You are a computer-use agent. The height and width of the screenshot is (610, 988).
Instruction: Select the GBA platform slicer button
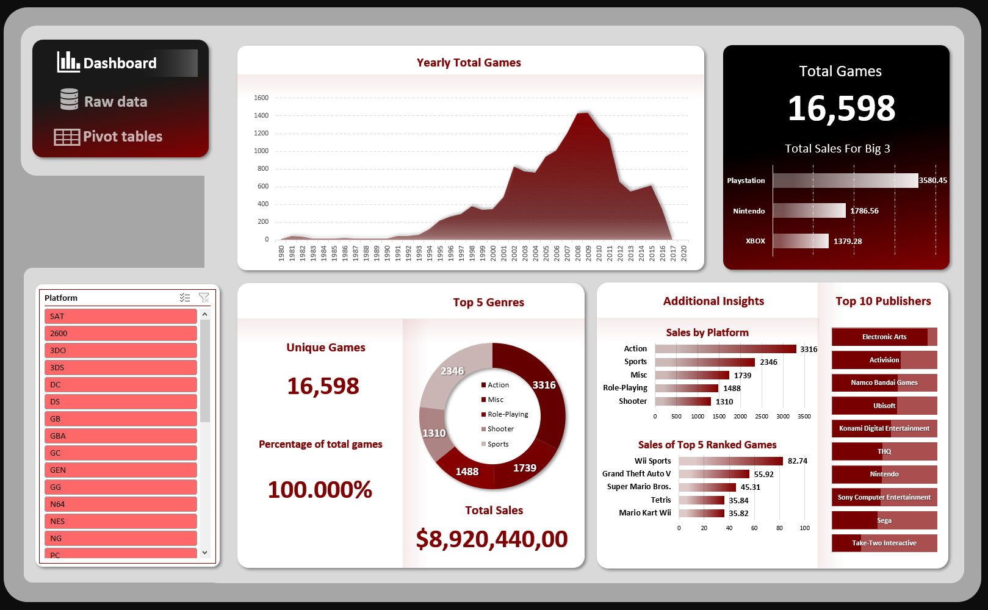click(120, 436)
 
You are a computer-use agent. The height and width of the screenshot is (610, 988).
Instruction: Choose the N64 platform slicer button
click(120, 504)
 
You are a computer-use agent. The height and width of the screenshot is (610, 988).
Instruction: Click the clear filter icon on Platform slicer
click(204, 298)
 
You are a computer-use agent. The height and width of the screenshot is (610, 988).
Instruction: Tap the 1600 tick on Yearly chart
click(261, 98)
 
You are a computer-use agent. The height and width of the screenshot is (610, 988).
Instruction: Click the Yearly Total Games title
click(469, 63)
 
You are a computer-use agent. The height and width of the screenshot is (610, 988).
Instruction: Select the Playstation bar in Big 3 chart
click(845, 181)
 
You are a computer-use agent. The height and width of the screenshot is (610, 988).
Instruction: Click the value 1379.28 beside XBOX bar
click(848, 242)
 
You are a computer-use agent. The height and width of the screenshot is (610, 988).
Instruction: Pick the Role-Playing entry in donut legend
click(508, 414)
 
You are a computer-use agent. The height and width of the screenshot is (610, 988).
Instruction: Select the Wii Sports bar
click(730, 461)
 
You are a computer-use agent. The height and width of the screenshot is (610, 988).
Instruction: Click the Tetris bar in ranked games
click(702, 500)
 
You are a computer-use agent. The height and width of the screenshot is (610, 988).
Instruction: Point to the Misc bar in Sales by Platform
click(692, 375)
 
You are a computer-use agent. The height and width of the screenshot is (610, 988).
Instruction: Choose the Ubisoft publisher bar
click(884, 406)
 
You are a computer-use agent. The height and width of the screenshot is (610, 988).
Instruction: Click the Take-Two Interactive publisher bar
click(884, 543)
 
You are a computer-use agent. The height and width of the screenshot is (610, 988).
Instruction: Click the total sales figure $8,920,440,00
click(492, 539)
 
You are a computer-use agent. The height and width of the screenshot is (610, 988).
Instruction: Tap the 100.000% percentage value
click(320, 490)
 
